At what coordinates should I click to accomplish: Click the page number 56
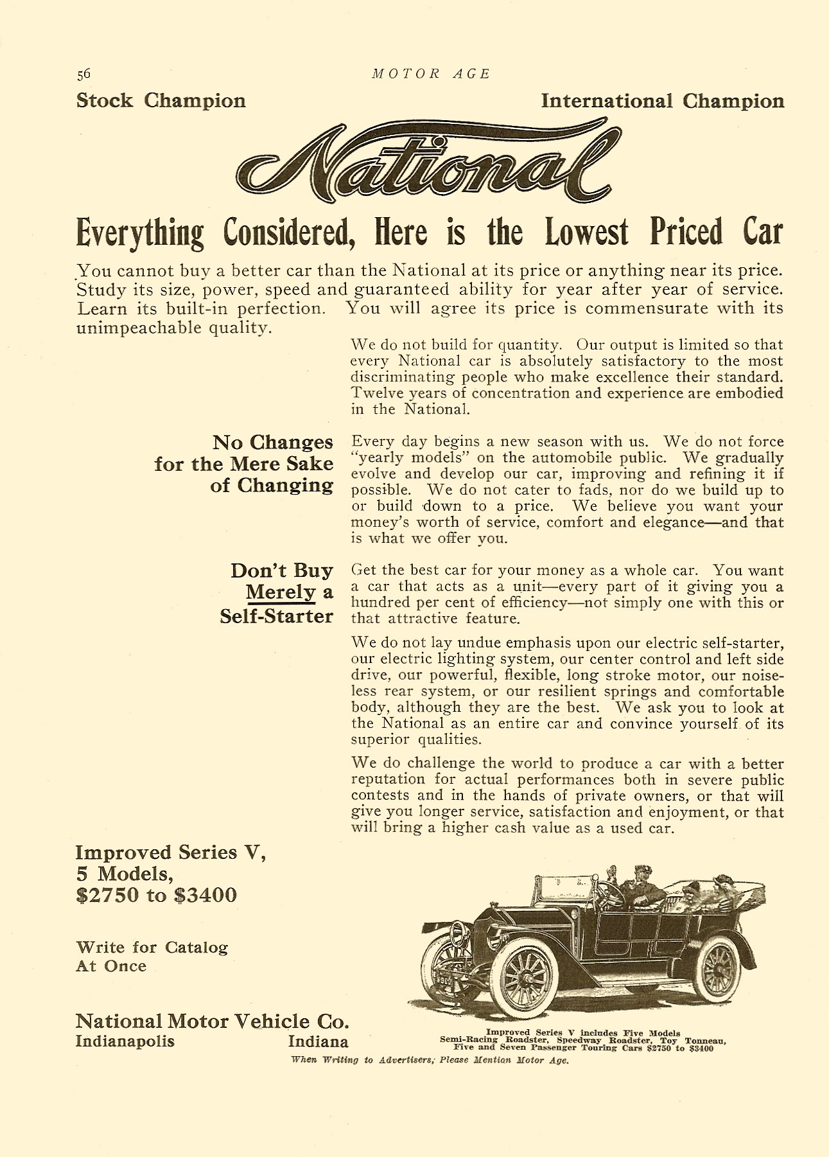point(83,74)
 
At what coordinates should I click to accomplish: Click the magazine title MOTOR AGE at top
point(431,74)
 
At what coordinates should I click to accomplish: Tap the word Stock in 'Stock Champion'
point(105,101)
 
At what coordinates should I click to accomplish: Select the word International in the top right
point(607,101)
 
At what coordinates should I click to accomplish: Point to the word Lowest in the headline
point(586,233)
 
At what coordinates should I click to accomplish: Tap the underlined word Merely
point(281,592)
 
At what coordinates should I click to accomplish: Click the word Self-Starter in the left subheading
point(276,616)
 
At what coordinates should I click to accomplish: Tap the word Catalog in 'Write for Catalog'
point(196,948)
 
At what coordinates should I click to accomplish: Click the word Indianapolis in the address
point(125,1041)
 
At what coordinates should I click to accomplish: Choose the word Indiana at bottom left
point(318,1041)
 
